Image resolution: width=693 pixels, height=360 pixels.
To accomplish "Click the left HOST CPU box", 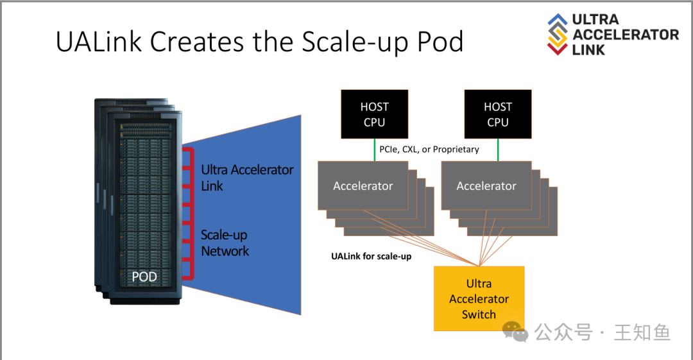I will [374, 114].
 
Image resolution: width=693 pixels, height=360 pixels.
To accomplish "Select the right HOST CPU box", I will [497, 114].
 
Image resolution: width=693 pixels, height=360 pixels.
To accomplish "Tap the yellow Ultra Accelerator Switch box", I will [479, 298].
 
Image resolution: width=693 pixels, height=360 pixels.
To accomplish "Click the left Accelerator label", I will [363, 186].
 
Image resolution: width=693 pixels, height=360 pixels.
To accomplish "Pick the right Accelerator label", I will [486, 186].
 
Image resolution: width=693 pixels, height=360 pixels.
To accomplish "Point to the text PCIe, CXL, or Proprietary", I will [429, 150].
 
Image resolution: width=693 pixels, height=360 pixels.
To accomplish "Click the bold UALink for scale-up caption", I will [371, 257].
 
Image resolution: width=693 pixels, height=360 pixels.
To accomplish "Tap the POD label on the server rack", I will [144, 277].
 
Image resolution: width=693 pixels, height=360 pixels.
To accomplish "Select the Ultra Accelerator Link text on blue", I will [247, 178].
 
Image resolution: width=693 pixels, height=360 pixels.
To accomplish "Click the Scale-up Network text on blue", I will [225, 243].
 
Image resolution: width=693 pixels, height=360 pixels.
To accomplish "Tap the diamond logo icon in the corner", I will [558, 33].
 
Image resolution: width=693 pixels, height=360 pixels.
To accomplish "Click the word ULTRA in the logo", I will [595, 19].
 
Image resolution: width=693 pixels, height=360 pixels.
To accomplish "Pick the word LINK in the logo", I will [588, 49].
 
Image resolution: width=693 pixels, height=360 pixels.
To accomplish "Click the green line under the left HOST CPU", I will [374, 150].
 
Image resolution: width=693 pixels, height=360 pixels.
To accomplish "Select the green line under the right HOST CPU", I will [497, 150].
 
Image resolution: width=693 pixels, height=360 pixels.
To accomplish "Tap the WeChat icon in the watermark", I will [515, 332].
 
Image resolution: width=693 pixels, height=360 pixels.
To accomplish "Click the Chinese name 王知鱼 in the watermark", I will [642, 332].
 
